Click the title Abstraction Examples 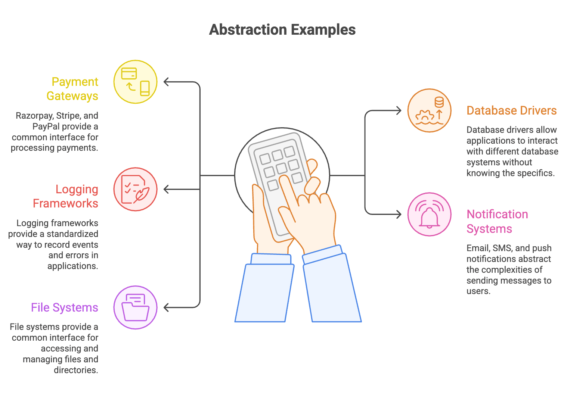(282, 30)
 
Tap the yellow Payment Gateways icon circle (135, 82)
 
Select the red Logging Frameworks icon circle (135, 189)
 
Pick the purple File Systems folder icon (135, 307)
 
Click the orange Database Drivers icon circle (429, 110)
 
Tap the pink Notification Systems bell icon (429, 214)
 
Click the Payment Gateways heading (73, 89)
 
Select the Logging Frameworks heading (66, 196)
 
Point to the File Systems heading (65, 307)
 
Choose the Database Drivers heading (511, 110)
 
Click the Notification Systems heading (497, 221)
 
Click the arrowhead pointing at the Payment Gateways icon (167, 82)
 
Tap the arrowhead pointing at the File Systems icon (167, 307)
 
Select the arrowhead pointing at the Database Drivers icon (398, 110)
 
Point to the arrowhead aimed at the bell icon (398, 214)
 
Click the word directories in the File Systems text (76, 370)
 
